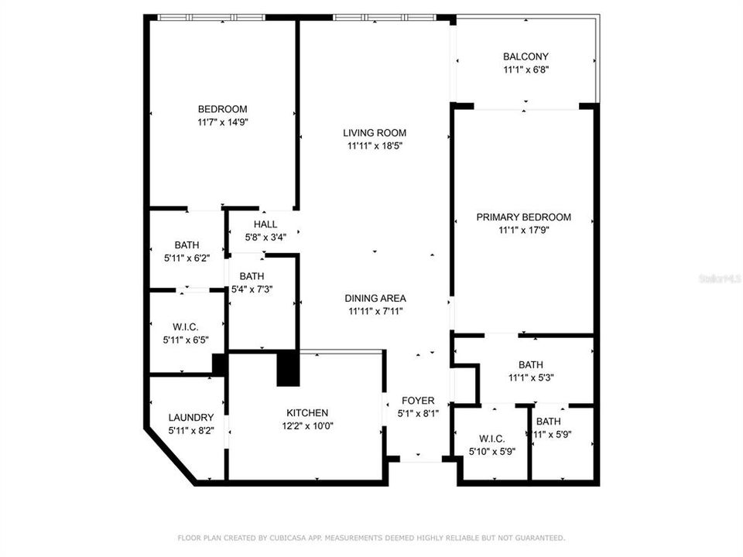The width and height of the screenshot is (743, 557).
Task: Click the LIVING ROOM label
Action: click(x=375, y=133)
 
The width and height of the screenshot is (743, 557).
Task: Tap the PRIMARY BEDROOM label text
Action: click(x=523, y=217)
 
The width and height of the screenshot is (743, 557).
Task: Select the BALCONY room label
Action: click(x=526, y=56)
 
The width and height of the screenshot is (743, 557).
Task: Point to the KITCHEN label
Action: click(x=307, y=413)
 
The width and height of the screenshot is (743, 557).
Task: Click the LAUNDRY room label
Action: click(x=191, y=418)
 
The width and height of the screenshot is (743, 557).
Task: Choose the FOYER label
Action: click(x=417, y=401)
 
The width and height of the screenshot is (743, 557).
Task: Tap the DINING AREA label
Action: click(x=375, y=299)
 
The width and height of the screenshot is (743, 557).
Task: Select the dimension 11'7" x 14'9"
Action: click(x=222, y=121)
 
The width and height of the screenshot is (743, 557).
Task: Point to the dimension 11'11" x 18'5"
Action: click(x=375, y=145)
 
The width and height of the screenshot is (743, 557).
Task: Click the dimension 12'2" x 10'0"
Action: click(x=307, y=425)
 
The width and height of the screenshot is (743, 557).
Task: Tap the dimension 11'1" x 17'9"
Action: click(x=523, y=230)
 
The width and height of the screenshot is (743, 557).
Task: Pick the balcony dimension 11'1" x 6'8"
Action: click(x=526, y=69)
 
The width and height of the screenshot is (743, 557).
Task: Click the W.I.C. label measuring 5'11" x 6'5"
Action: click(x=186, y=327)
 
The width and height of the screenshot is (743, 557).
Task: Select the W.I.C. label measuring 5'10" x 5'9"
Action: click(x=491, y=439)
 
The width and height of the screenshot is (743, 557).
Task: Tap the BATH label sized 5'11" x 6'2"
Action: click(x=187, y=245)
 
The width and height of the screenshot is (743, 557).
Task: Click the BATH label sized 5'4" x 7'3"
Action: click(x=252, y=276)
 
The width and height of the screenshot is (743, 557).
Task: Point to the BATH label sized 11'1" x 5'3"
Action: click(x=531, y=365)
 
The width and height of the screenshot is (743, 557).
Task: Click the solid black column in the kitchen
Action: click(x=288, y=368)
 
